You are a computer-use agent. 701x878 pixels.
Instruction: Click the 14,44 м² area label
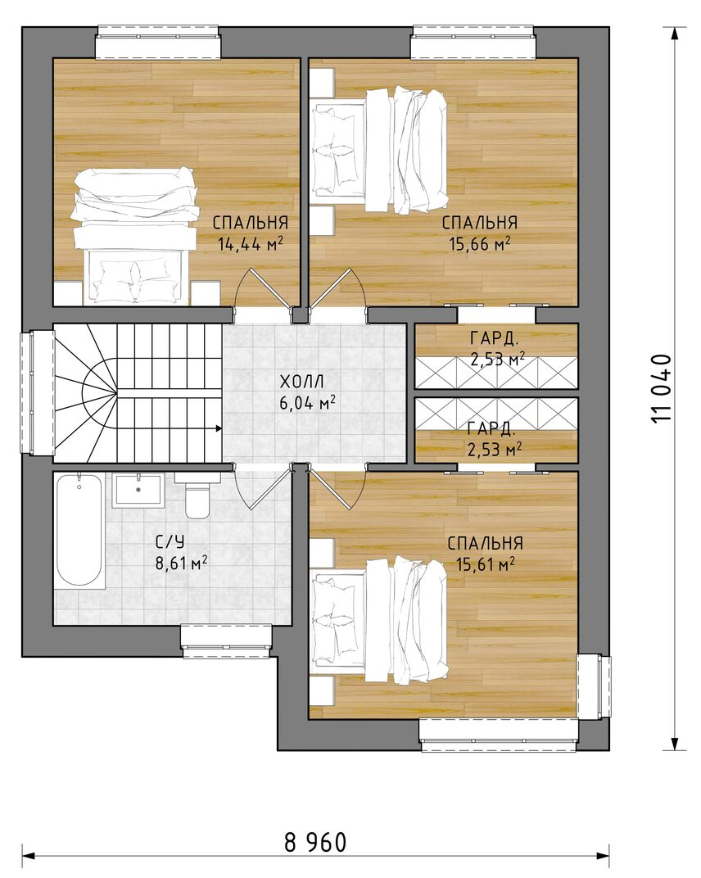click(251, 244)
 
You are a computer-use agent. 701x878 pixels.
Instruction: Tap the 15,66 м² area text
click(479, 244)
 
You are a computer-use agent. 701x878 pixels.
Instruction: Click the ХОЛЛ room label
click(301, 382)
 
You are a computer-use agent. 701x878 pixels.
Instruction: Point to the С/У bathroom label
click(170, 541)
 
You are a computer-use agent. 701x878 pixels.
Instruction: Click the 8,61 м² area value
click(181, 563)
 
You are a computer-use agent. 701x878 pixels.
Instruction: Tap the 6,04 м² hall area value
click(307, 403)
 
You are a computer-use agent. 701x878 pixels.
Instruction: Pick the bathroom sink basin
click(138, 490)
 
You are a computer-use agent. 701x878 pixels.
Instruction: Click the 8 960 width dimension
click(315, 842)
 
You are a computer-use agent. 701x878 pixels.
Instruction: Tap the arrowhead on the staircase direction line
click(219, 429)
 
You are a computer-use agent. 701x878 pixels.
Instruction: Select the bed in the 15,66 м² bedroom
click(379, 149)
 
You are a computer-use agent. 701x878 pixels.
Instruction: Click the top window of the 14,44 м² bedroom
click(158, 42)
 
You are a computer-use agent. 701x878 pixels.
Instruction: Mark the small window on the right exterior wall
click(594, 686)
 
